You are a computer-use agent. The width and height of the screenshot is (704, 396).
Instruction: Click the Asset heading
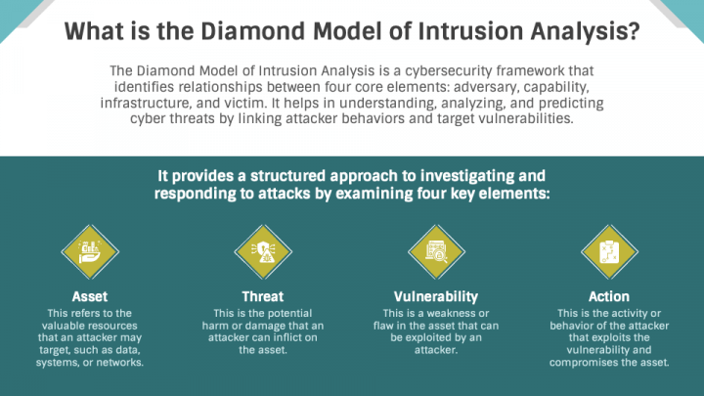coord(90,296)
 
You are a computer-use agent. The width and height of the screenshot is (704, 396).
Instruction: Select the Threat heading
coord(262,296)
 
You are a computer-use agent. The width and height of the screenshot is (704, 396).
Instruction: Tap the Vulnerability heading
coord(435,296)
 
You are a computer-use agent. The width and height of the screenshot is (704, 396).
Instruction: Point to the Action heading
coord(608,296)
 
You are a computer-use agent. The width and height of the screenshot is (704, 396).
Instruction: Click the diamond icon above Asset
coord(90,251)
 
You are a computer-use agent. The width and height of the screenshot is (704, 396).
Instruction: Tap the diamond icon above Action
coord(608,251)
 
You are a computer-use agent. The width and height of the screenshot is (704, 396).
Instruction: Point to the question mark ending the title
coord(634,32)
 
